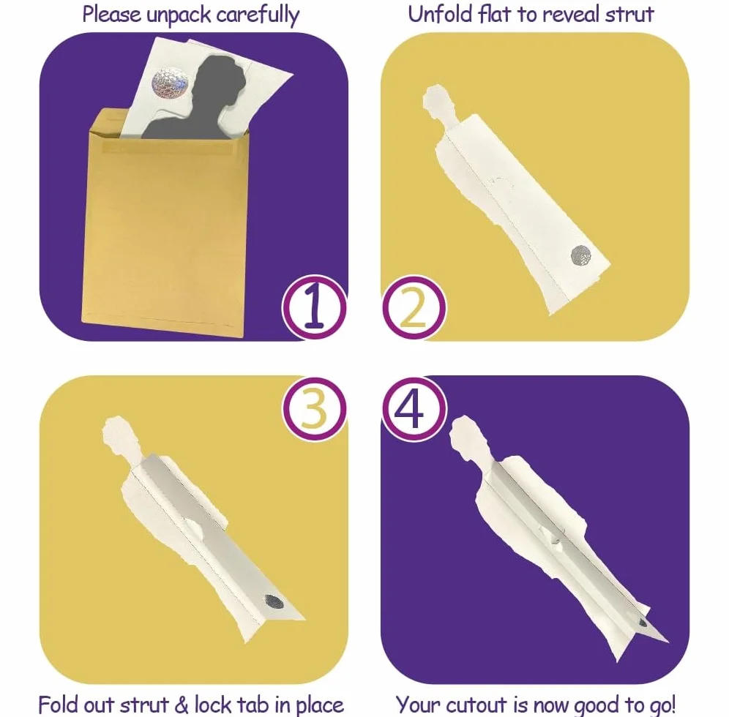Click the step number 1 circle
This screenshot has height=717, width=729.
(314, 307)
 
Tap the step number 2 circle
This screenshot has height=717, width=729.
(414, 307)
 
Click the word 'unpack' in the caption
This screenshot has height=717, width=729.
(179, 15)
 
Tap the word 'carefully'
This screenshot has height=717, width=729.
(258, 15)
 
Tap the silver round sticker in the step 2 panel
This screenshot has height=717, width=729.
(580, 255)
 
